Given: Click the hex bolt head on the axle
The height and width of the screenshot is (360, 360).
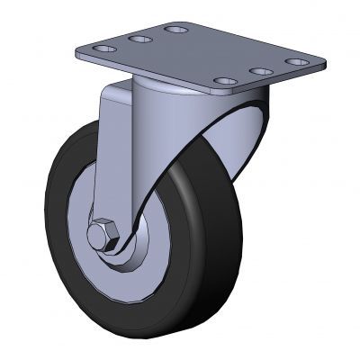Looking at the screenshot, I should tap(103, 237).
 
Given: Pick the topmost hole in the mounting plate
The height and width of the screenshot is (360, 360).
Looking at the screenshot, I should tap(176, 30).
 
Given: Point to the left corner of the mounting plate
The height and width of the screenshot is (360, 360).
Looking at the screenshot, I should tap(79, 52).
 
